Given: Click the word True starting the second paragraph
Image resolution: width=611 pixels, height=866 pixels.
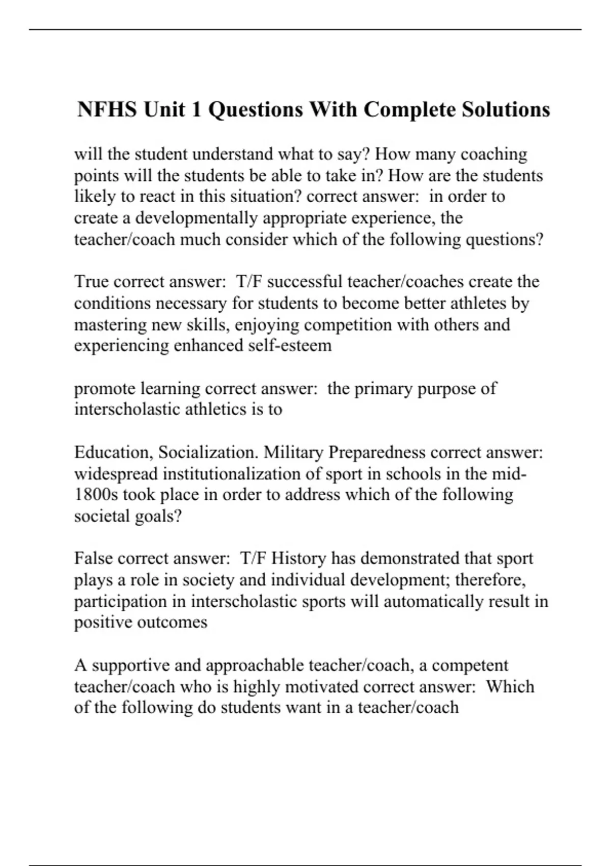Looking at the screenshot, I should click(x=92, y=282).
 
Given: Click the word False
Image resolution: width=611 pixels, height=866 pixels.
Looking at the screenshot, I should click(x=94, y=558).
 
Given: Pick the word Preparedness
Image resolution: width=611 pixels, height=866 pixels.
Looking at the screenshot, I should click(x=377, y=452).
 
